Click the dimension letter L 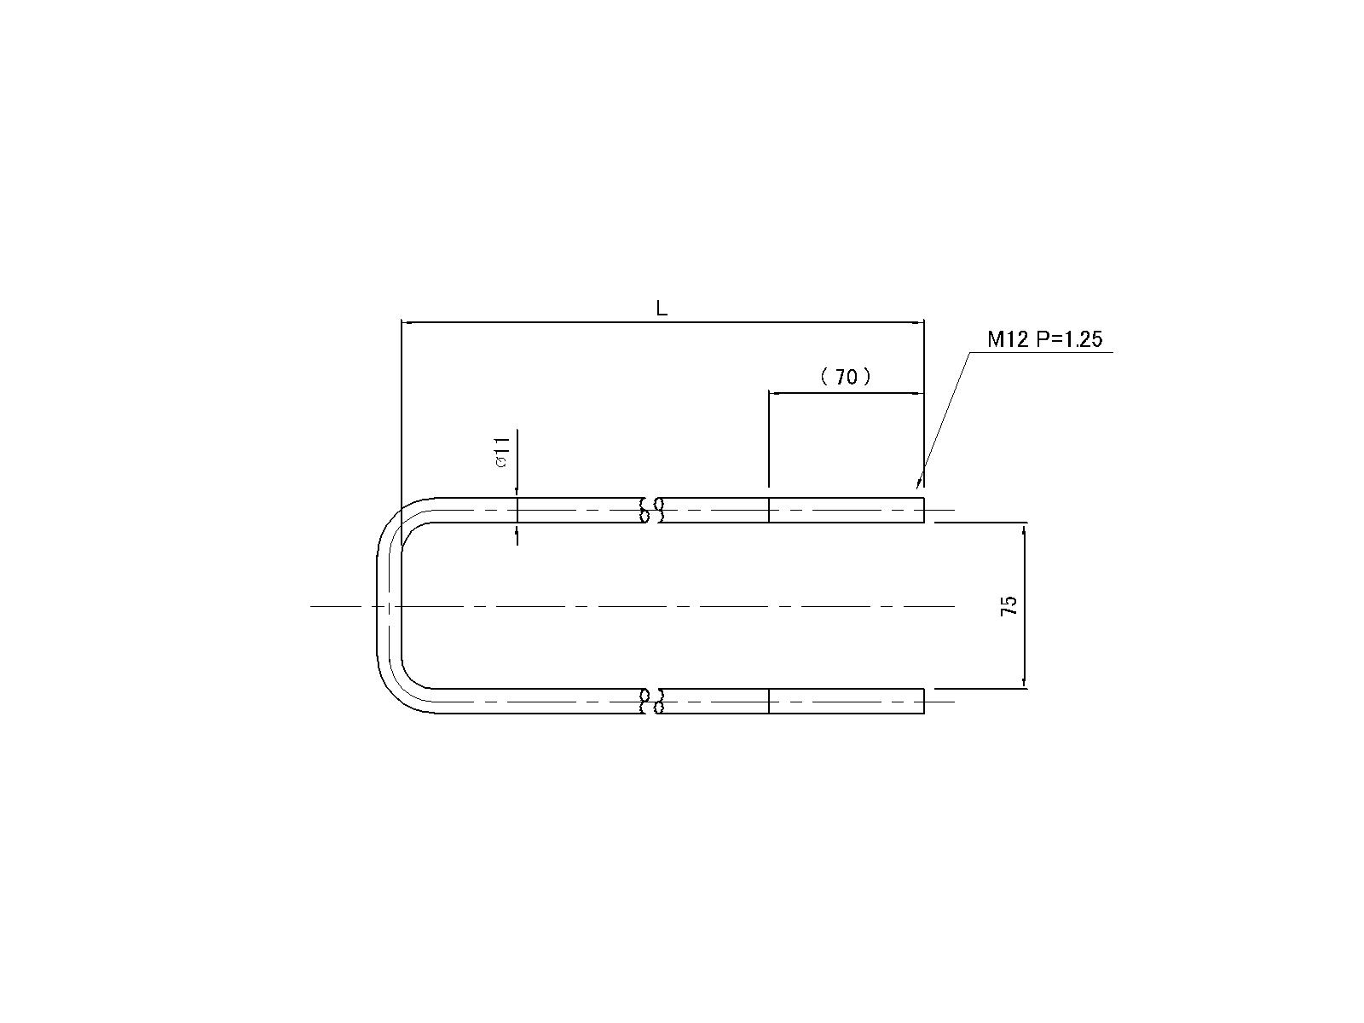click(662, 308)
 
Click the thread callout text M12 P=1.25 click(1044, 339)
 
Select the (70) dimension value click(846, 377)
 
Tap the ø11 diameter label click(502, 452)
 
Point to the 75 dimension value click(1009, 605)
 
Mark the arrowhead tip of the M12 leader click(917, 488)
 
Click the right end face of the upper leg click(924, 510)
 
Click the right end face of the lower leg click(924, 702)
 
